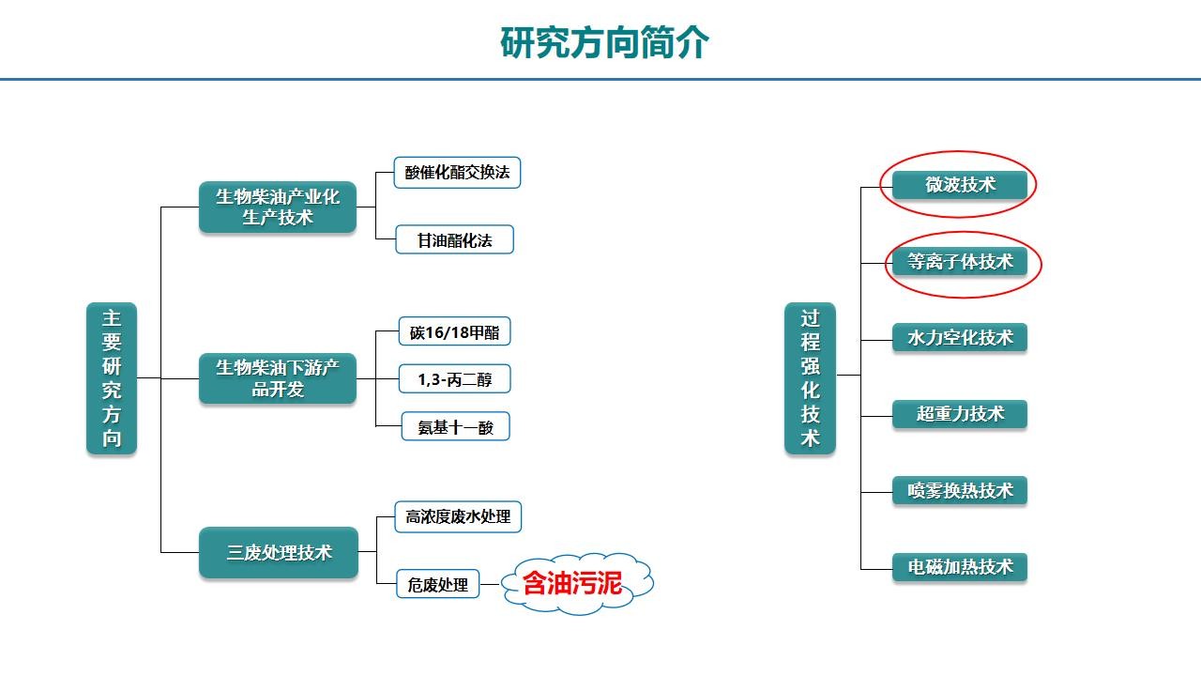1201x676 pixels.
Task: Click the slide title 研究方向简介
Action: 604,42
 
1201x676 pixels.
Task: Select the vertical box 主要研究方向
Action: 112,378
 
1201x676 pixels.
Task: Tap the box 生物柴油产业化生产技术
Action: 278,207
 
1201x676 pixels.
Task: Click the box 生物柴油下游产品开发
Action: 278,378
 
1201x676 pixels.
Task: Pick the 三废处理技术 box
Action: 279,552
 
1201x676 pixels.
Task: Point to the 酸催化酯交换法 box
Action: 457,172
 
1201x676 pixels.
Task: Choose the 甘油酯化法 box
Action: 455,239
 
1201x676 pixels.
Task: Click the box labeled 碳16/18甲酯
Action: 455,331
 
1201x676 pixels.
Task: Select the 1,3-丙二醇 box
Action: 455,378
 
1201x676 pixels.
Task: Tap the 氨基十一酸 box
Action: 456,426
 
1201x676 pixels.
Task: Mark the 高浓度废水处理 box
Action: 458,516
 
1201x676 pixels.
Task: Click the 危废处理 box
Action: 437,584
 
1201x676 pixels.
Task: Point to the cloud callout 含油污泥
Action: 577,583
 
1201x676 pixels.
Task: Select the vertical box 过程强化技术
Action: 810,378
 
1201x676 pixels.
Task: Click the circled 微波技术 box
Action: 960,185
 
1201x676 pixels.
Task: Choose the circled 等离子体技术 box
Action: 960,261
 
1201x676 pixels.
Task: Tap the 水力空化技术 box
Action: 960,337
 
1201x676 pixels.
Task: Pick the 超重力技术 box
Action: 960,414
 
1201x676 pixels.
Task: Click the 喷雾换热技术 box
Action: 960,490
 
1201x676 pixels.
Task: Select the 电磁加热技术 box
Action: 960,567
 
